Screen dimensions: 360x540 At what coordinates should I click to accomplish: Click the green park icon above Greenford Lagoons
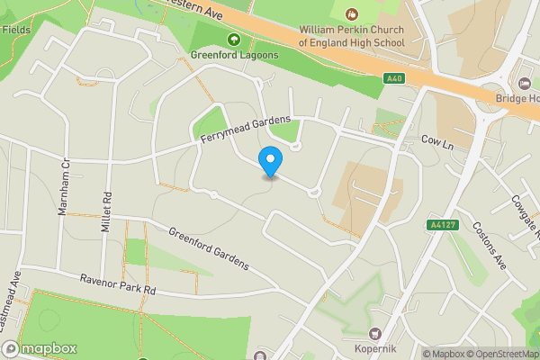click(233, 40)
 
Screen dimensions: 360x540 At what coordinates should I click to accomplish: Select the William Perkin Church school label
click(351, 35)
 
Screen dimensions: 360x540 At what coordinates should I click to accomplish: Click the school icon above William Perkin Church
click(351, 13)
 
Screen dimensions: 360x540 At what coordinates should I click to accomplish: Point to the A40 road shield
click(392, 79)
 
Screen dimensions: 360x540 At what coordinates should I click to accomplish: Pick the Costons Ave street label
click(491, 241)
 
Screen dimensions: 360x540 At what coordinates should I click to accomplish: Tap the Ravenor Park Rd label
click(118, 284)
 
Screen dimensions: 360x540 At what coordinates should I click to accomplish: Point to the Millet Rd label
click(106, 207)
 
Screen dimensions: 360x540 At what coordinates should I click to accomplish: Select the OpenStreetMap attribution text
click(495, 354)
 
